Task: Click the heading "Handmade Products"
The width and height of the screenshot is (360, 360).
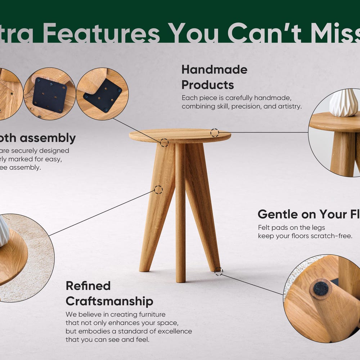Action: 214,77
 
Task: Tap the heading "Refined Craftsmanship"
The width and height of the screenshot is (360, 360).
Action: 109,293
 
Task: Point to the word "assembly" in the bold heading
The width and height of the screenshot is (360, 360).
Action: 53,138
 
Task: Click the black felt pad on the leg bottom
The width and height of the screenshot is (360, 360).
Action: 321,288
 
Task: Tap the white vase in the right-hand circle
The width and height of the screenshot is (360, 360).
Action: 344,103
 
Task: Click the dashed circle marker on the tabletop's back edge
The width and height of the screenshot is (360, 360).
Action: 215,132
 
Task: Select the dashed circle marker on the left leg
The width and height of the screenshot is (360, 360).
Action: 158,190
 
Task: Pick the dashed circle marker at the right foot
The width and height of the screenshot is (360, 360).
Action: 219,271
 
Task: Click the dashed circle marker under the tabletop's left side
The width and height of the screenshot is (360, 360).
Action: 164,143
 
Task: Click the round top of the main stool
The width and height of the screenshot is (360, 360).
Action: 180,135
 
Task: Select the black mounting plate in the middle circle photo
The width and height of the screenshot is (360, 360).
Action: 50,95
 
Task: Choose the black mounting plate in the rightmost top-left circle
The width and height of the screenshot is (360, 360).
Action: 103,95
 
